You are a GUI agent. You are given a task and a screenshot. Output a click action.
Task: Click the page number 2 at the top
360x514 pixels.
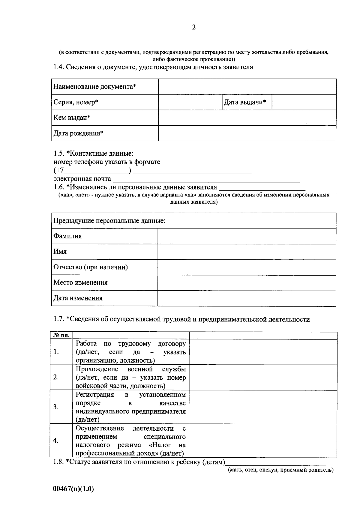(x=194, y=28)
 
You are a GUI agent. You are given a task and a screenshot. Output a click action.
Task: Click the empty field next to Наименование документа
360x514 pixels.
(x=247, y=87)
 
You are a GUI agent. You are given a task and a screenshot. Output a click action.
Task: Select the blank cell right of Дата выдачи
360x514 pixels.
(x=304, y=102)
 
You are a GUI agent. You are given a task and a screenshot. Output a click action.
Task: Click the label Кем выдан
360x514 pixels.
(x=72, y=118)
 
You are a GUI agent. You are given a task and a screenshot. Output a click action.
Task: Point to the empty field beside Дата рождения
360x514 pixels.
(x=247, y=133)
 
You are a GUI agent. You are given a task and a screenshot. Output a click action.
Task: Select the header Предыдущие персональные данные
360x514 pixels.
(x=109, y=221)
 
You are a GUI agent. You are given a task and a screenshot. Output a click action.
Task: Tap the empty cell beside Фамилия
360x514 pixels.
(x=247, y=236)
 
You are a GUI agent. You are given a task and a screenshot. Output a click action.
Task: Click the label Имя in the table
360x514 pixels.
(x=60, y=252)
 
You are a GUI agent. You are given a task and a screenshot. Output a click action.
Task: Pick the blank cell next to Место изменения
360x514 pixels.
(x=247, y=283)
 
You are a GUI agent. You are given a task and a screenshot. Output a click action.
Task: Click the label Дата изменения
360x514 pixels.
(x=78, y=298)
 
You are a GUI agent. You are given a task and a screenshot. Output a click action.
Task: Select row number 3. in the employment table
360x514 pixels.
(x=56, y=407)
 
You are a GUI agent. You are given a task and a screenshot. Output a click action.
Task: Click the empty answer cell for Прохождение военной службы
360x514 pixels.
(x=263, y=377)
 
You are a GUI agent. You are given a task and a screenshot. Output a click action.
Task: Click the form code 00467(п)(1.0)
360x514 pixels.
(x=73, y=489)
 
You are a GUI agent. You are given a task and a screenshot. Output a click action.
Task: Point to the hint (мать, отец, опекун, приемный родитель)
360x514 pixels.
(x=280, y=470)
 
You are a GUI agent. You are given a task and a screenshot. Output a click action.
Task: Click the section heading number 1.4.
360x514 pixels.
(x=59, y=67)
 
